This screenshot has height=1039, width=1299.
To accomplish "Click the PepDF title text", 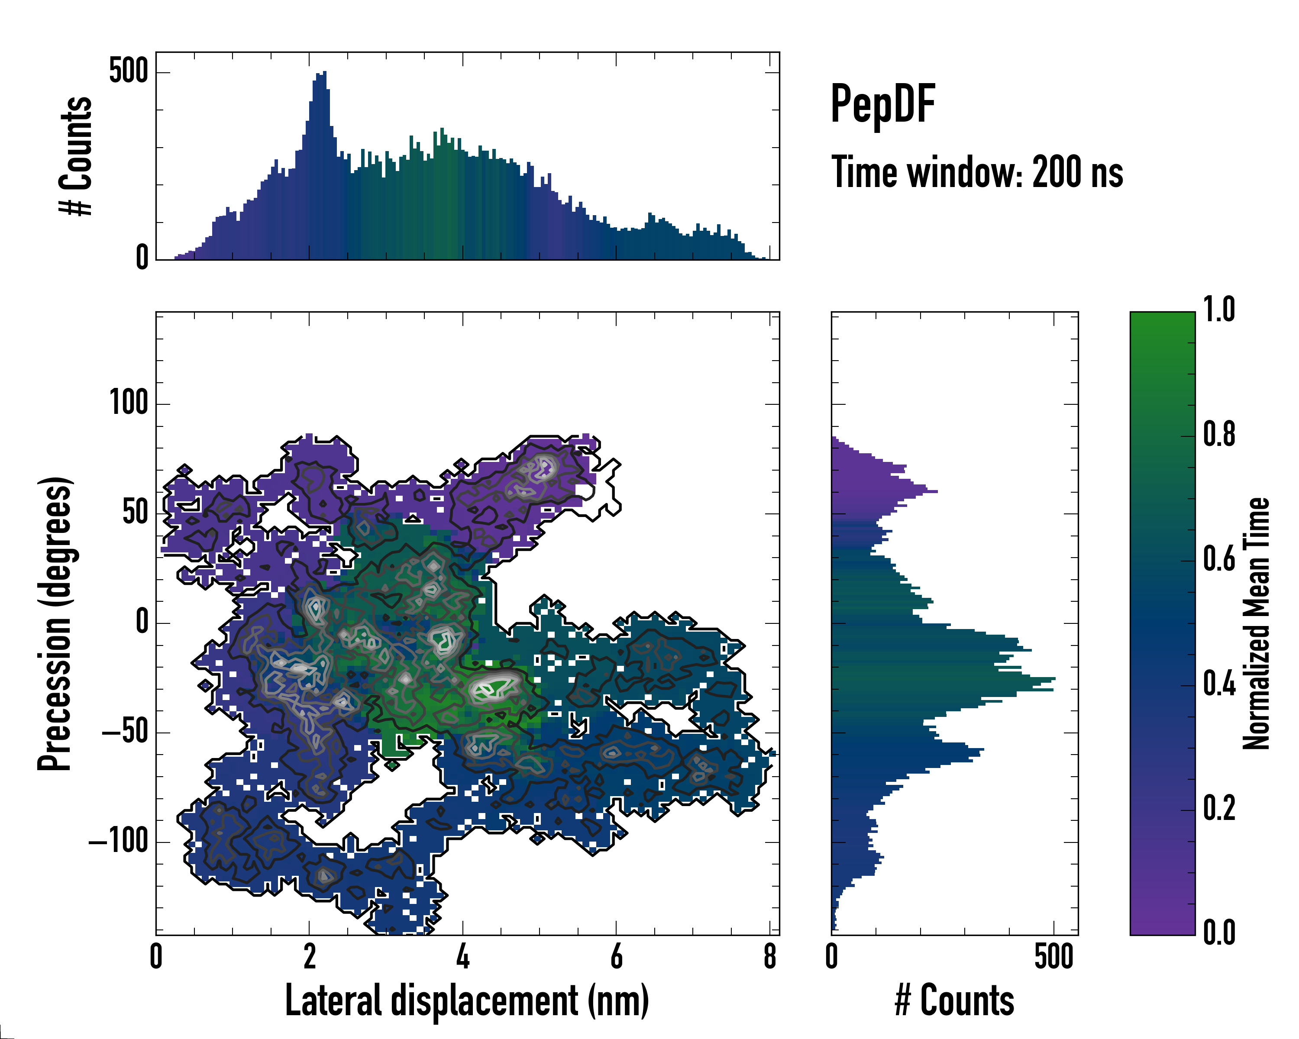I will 882,104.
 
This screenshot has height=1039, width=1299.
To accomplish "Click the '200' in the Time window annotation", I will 1056,172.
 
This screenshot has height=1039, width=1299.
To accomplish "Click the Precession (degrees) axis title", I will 55,623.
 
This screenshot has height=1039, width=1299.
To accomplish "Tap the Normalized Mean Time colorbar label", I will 1256,623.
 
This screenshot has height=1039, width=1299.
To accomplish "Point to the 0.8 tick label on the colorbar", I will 1219,434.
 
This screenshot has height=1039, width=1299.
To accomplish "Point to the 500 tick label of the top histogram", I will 128,72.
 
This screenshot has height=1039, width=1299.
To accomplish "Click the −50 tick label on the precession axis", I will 124,732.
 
